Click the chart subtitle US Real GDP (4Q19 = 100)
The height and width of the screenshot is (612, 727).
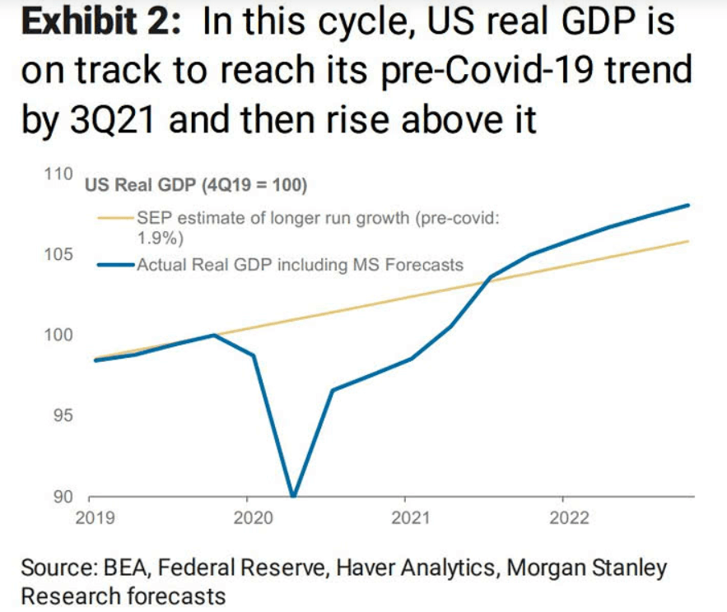pyautogui.click(x=196, y=186)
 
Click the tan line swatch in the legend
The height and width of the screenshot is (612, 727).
pyautogui.click(x=116, y=218)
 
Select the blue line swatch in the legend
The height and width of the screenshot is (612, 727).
pyautogui.click(x=116, y=265)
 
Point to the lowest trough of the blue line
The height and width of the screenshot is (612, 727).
pyautogui.click(x=293, y=495)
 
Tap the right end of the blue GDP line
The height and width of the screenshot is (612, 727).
pyautogui.click(x=688, y=205)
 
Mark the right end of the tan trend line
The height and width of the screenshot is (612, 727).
pyautogui.click(x=688, y=241)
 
